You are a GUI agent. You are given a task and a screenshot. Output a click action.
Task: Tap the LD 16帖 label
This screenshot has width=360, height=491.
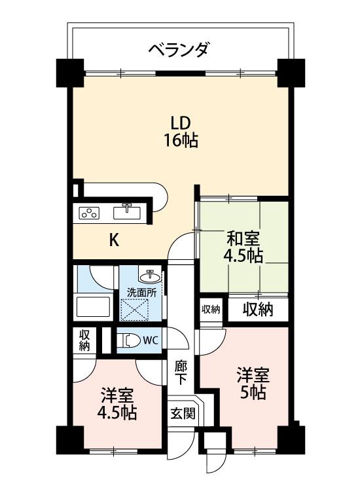(180, 130)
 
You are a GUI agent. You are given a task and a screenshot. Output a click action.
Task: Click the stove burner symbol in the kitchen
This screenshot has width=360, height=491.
(88, 212)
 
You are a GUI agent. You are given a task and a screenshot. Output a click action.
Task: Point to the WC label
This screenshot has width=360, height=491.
(150, 340)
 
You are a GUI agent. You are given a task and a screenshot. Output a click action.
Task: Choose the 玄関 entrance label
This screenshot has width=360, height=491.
(182, 413)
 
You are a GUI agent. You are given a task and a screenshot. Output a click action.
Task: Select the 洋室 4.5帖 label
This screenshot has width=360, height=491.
(118, 405)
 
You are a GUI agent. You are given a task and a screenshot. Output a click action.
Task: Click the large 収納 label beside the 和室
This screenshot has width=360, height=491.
(259, 309)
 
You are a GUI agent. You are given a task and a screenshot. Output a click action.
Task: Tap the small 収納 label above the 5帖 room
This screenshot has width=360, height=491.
(211, 309)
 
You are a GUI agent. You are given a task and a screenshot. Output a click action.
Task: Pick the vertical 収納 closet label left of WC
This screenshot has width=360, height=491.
(84, 340)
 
